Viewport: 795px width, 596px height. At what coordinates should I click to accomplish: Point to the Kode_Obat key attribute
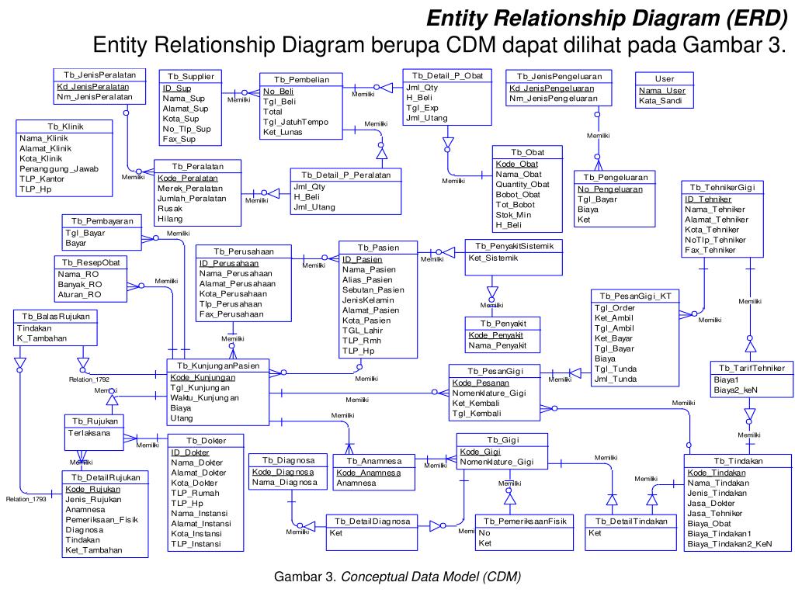516,164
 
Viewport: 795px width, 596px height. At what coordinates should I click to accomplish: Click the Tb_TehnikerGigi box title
722,188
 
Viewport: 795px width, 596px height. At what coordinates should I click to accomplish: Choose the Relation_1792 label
89,380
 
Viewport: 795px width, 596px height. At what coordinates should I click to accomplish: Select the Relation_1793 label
26,499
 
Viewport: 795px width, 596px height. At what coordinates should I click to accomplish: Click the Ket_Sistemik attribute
492,258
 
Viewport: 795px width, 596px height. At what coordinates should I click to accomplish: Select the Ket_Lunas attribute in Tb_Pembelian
283,132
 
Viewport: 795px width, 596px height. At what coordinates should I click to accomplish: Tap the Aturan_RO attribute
79,295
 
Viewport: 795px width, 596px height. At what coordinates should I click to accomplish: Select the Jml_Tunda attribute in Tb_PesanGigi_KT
616,379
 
